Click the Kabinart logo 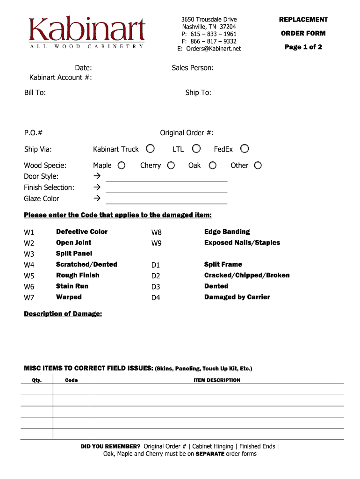pyautogui.click(x=87, y=32)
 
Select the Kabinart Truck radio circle pyautogui.click(x=150, y=149)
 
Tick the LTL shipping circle pyautogui.click(x=196, y=149)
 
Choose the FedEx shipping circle pyautogui.click(x=245, y=149)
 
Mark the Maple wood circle pyautogui.click(x=122, y=165)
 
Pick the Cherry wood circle pyautogui.click(x=171, y=165)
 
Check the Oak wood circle pyautogui.click(x=212, y=165)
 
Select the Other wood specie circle pyautogui.click(x=258, y=165)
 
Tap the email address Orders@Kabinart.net pyautogui.click(x=209, y=49)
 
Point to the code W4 pyautogui.click(x=29, y=265)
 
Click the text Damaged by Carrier pyautogui.click(x=237, y=297)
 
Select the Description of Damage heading pyautogui.click(x=63, y=314)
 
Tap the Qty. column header pyautogui.click(x=37, y=380)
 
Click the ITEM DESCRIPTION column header pyautogui.click(x=217, y=380)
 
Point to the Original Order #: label pyautogui.click(x=187, y=133)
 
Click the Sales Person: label pyautogui.click(x=193, y=68)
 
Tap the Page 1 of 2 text pyautogui.click(x=303, y=47)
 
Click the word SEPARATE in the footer pyautogui.click(x=210, y=454)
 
